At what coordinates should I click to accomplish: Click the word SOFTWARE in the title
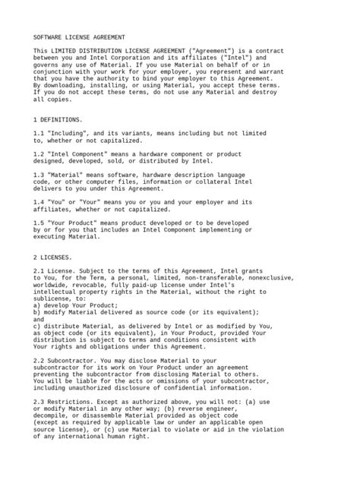click(49, 36)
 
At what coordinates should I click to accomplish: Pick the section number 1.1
click(39, 133)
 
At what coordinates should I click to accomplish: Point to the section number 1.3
click(39, 174)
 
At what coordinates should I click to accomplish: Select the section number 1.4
click(39, 202)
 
